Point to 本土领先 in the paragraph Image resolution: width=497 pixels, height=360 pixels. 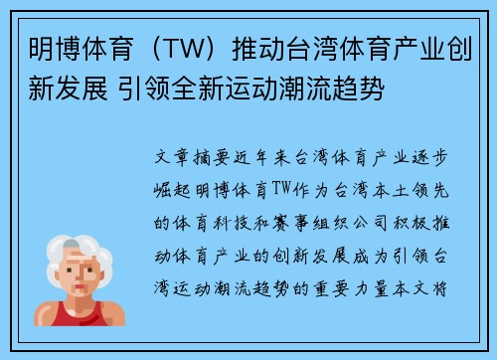tap(419, 186)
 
